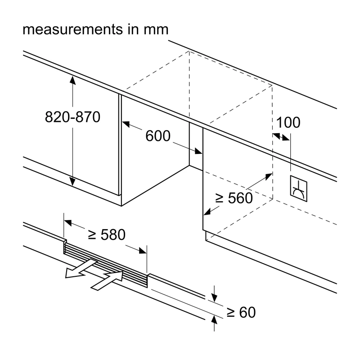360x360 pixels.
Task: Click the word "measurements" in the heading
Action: pos(73,30)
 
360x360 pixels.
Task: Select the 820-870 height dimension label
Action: pos(72,117)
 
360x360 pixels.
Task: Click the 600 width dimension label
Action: pos(158,135)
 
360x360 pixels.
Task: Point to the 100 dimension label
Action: pos(288,122)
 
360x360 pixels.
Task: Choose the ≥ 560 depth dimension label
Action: pos(234,198)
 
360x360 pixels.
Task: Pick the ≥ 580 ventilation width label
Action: pos(107,234)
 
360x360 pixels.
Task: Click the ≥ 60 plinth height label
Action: pos(241,312)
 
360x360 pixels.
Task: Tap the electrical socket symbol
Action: pos(298,189)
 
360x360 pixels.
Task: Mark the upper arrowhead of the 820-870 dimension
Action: pos(72,81)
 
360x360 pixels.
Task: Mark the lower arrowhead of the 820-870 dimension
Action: pos(72,181)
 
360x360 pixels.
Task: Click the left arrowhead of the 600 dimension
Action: pos(126,124)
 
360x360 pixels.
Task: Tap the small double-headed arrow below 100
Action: pos(281,137)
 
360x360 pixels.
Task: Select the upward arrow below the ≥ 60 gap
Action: pos(214,323)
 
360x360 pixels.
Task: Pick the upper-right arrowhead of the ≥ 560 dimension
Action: pos(268,177)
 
